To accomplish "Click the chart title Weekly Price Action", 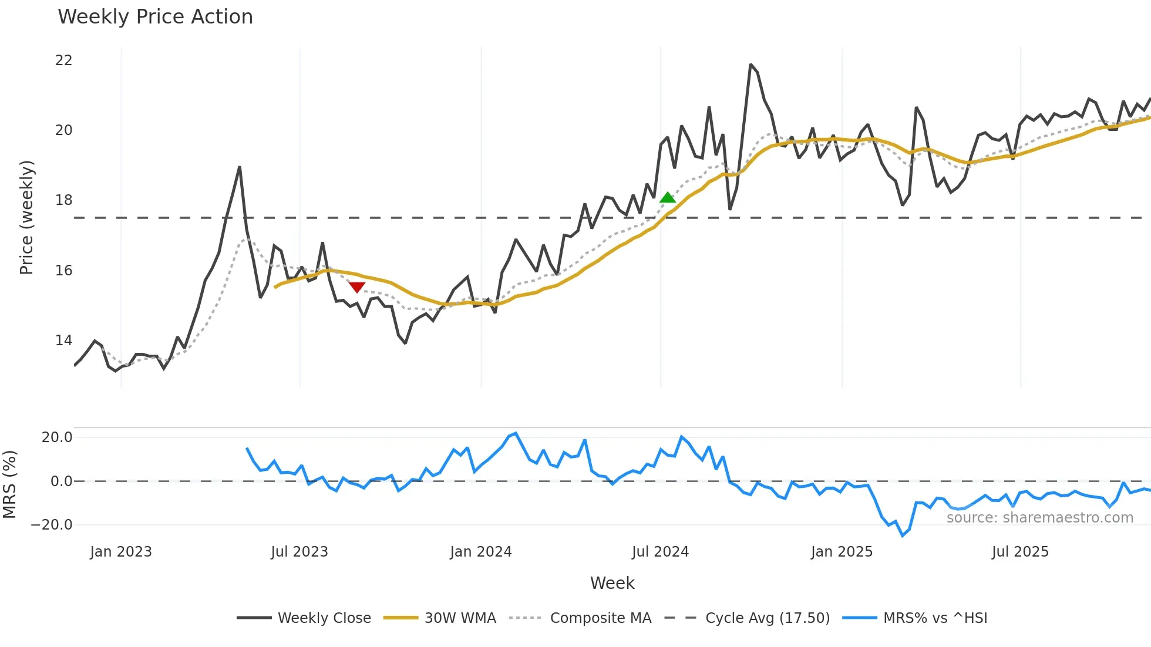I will coord(155,17).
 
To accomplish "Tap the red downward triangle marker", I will coord(357,287).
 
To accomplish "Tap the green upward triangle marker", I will coord(668,197).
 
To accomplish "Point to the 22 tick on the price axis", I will coord(63,60).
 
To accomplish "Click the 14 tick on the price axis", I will coord(63,341).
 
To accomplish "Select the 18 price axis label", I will coord(63,200).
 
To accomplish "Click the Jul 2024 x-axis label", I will coord(660,552).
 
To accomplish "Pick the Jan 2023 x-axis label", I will coord(121,552).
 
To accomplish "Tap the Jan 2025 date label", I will coord(842,552).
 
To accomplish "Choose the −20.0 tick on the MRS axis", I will coord(52,525).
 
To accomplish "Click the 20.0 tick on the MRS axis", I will coord(57,437).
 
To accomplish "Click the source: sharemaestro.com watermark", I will coord(1039,518).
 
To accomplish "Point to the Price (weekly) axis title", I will coord(26,217).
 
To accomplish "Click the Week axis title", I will coord(612,583).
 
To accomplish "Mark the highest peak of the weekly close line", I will coord(750,65).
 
